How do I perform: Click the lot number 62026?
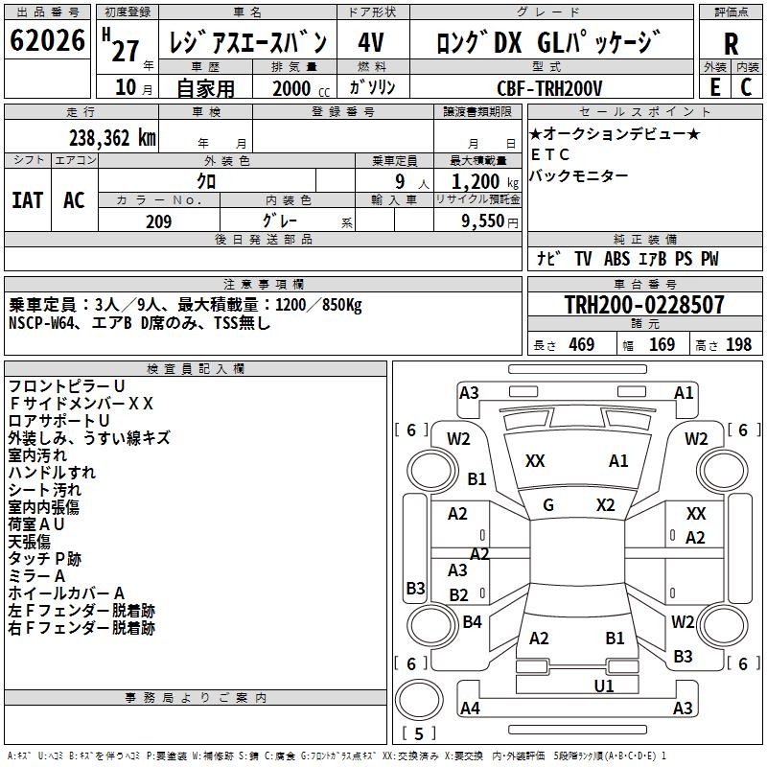tap(47, 40)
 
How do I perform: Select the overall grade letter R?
tap(731, 44)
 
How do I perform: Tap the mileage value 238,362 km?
tap(112, 138)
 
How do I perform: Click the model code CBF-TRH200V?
tap(549, 88)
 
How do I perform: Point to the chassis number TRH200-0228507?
tap(644, 304)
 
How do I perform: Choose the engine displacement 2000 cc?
tap(301, 88)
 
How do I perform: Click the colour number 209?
tap(158, 221)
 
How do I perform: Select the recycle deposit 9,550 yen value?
tap(490, 221)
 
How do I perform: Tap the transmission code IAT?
tap(28, 200)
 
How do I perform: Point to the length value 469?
tap(582, 344)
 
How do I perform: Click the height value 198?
tap(738, 344)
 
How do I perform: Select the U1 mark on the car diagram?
tap(604, 686)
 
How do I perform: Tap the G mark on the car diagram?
tap(548, 505)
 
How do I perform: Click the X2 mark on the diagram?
tap(606, 505)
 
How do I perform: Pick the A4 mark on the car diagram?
tap(470, 708)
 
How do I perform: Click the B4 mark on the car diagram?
tap(472, 621)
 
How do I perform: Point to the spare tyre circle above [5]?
tap(419, 700)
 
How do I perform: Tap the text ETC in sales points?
tap(550, 154)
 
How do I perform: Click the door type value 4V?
tap(371, 42)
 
